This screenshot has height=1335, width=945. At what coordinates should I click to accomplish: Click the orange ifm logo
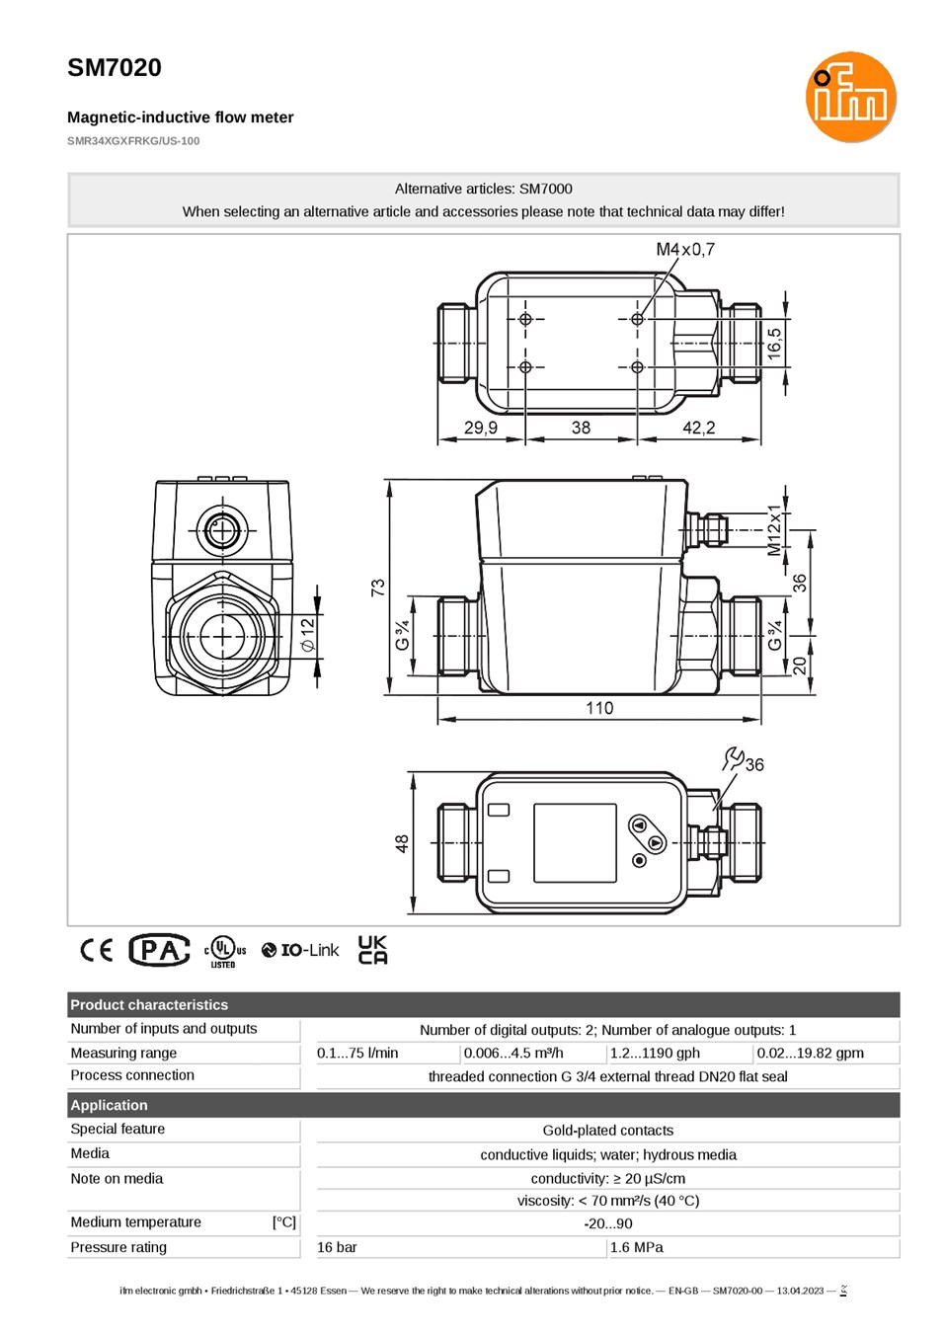click(850, 97)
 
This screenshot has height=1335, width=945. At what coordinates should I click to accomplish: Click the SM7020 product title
click(114, 68)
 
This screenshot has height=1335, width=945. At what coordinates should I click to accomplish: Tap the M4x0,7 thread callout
click(685, 249)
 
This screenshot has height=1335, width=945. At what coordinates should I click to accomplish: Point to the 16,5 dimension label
click(774, 344)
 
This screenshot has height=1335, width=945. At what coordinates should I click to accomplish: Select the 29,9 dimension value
click(481, 428)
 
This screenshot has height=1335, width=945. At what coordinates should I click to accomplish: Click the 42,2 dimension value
click(699, 428)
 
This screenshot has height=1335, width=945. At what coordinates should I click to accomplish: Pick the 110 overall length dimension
click(598, 708)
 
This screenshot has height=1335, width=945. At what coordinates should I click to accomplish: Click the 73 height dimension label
click(378, 588)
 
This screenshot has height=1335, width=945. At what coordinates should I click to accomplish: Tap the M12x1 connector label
click(773, 530)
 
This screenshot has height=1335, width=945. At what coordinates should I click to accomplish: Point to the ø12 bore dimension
click(307, 635)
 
